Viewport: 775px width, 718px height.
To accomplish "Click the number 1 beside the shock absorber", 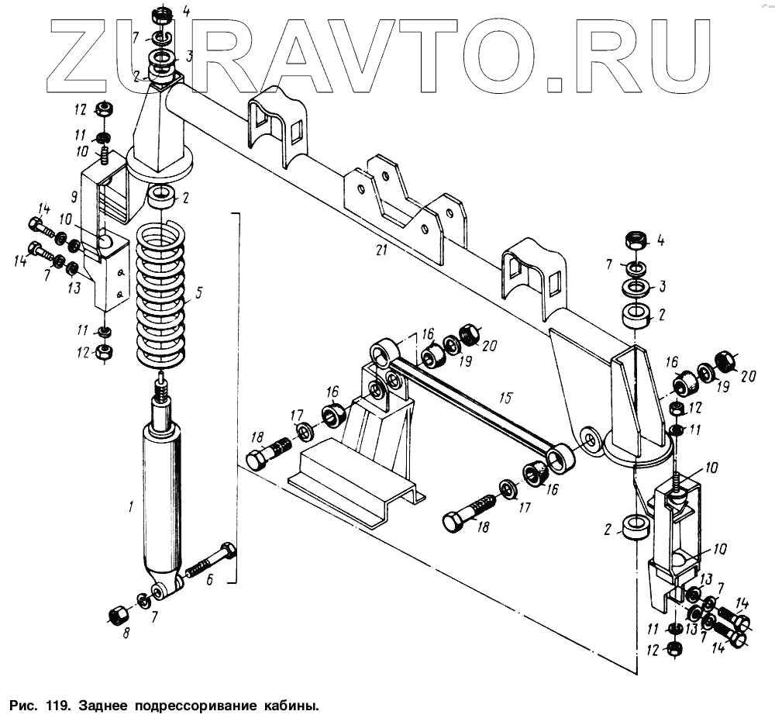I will (x=131, y=507).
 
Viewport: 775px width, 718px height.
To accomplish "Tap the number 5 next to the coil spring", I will (x=198, y=294).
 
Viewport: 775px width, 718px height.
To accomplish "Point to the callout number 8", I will (x=126, y=632).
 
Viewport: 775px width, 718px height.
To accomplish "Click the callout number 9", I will (x=74, y=195).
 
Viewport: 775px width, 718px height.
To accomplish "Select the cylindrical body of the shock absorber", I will (x=162, y=496).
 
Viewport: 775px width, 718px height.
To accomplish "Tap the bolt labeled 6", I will (x=211, y=563).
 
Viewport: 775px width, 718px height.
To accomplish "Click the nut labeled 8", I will (x=118, y=616).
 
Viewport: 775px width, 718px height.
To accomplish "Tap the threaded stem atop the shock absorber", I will (x=161, y=388).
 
